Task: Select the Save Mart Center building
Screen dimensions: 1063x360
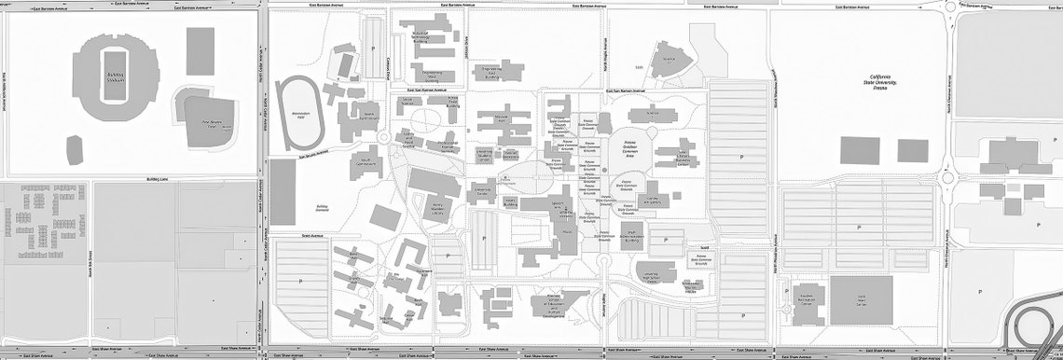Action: point(861,299)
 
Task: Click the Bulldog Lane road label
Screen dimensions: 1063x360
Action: point(157,179)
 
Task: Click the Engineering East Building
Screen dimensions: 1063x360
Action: point(499,71)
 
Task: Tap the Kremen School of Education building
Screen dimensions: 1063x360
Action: point(563,303)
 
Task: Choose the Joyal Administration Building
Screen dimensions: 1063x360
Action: point(632,235)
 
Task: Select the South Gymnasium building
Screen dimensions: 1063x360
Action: point(366,165)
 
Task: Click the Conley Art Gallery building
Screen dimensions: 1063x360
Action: point(652,200)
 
